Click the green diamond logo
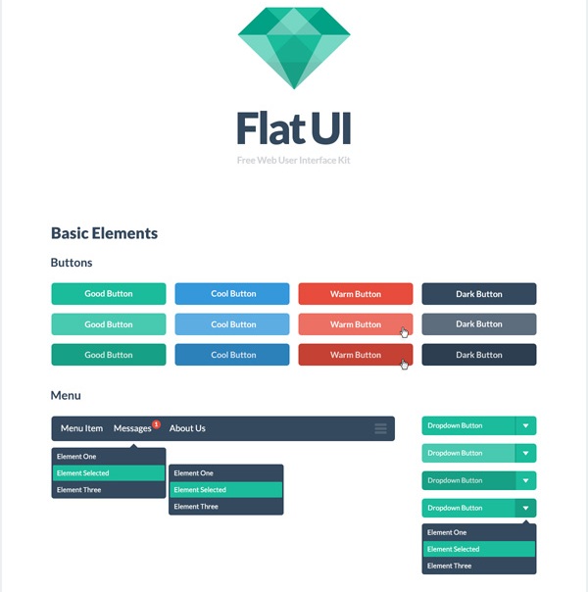(x=294, y=48)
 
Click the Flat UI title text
(x=294, y=128)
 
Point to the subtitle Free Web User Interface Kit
(x=294, y=160)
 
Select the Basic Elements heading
(x=104, y=233)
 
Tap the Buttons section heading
(x=72, y=263)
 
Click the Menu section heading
(x=66, y=395)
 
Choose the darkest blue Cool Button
(x=232, y=355)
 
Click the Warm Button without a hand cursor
(x=356, y=294)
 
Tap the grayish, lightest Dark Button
(x=479, y=324)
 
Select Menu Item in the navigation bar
(x=81, y=428)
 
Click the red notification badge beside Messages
(x=156, y=424)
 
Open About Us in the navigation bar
(x=187, y=428)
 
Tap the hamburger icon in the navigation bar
(x=380, y=428)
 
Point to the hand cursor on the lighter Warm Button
(x=404, y=332)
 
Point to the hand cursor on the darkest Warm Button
(x=404, y=365)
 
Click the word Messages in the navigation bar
(x=132, y=428)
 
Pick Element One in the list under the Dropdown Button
(x=447, y=532)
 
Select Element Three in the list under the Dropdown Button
(x=449, y=566)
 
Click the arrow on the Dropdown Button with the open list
(x=525, y=508)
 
